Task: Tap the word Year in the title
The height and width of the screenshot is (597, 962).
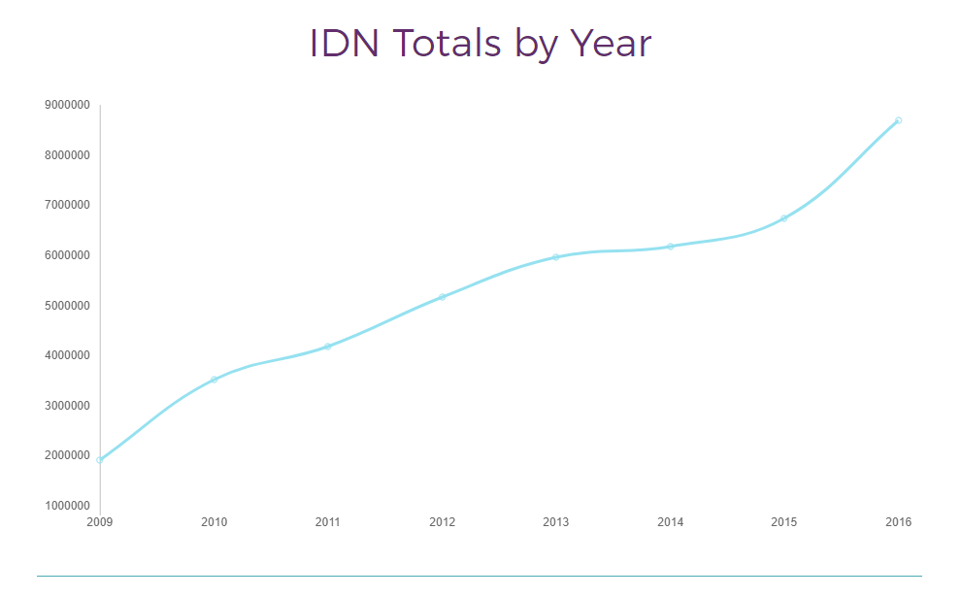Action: [611, 45]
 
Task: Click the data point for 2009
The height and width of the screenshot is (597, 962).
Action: [100, 460]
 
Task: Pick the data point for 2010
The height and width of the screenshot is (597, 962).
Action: [214, 380]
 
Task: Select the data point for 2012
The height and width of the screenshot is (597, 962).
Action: [442, 297]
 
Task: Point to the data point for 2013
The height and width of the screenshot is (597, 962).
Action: [556, 257]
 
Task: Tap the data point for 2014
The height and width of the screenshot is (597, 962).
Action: [670, 247]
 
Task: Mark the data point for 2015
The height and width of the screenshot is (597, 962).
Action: [784, 218]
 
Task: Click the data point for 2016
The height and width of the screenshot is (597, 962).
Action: [898, 120]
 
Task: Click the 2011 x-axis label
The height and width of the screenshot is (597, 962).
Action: [328, 522]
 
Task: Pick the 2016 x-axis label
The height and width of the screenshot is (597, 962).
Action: [898, 522]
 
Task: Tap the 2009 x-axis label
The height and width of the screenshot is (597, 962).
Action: [100, 522]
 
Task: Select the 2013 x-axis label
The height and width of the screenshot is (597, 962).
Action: [556, 522]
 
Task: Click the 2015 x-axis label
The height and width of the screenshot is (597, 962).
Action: [784, 522]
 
